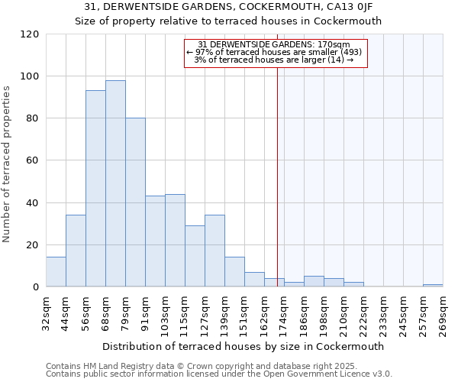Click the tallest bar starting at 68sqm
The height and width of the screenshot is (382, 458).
point(115,183)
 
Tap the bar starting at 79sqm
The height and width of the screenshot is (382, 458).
point(135,202)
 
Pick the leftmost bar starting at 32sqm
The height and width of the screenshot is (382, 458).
point(56,272)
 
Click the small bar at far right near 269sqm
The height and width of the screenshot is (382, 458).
point(433,285)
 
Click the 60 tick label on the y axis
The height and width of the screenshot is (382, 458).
point(33,160)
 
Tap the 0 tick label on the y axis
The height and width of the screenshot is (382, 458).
point(36,287)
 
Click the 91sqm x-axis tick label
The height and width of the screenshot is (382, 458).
point(145,312)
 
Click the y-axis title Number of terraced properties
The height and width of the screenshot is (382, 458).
point(7,164)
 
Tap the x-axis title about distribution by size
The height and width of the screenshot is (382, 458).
point(244,346)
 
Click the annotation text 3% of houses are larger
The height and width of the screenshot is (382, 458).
point(274,60)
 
